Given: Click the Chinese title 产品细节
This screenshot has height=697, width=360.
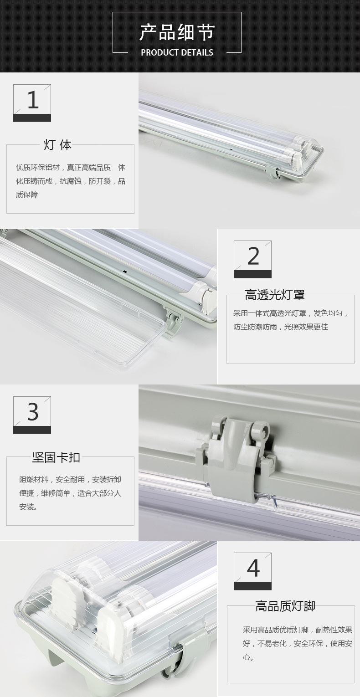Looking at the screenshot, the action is point(177,32).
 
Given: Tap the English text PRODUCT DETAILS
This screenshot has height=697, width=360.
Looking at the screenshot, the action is point(177,52).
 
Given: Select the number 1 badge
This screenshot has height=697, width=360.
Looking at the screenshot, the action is point(32,103).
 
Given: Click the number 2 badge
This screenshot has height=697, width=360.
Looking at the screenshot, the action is point(252,259).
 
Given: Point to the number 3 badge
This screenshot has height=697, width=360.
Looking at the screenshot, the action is point(32,415).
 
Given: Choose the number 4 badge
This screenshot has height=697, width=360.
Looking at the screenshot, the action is point(252,571).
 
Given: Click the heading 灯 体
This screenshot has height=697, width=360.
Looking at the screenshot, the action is point(57,145).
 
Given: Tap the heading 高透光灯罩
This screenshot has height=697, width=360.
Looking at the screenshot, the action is point(275,295).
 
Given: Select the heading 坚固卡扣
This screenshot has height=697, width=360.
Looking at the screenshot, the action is point(57,457).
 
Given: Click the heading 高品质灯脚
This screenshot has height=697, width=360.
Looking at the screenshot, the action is point(285,606).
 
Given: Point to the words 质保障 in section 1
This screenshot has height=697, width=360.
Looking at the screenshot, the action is point(27,195).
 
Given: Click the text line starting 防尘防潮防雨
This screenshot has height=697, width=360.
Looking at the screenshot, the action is point(281,327).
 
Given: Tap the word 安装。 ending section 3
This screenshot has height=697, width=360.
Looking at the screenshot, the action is point(28,507).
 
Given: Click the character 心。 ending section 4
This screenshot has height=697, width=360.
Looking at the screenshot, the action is point(248,657).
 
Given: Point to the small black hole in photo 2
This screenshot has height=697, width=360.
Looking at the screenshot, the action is point(124,272).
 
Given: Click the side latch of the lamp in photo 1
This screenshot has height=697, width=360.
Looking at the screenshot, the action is point(273,173).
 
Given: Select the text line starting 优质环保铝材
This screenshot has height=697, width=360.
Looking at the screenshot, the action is point(71,168).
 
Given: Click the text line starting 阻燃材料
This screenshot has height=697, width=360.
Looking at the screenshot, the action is point(70,480).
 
